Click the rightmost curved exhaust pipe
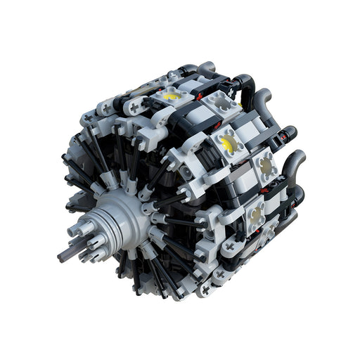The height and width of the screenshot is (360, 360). click(295, 163)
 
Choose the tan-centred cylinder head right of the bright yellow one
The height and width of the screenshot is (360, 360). click(266, 166)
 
